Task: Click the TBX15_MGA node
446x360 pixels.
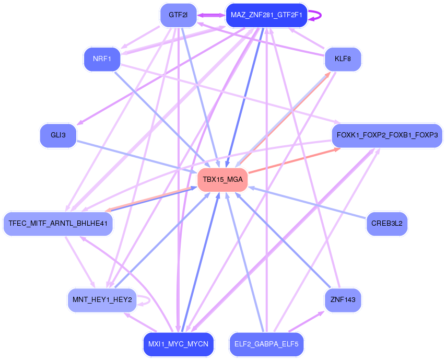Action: point(222,180)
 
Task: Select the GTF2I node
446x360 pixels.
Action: point(178,15)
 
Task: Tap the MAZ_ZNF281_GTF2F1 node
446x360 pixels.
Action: point(266,15)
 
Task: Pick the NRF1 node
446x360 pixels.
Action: point(102,59)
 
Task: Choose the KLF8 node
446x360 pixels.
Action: point(343,59)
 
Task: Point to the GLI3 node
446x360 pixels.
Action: point(58,136)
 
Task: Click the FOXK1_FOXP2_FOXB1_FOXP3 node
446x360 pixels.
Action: point(387,136)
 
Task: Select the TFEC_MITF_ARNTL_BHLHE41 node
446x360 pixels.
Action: point(58,224)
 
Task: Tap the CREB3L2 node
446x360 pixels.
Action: point(387,224)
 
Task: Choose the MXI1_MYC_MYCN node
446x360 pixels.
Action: point(178,344)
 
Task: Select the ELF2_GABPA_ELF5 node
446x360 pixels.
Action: point(266,344)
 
